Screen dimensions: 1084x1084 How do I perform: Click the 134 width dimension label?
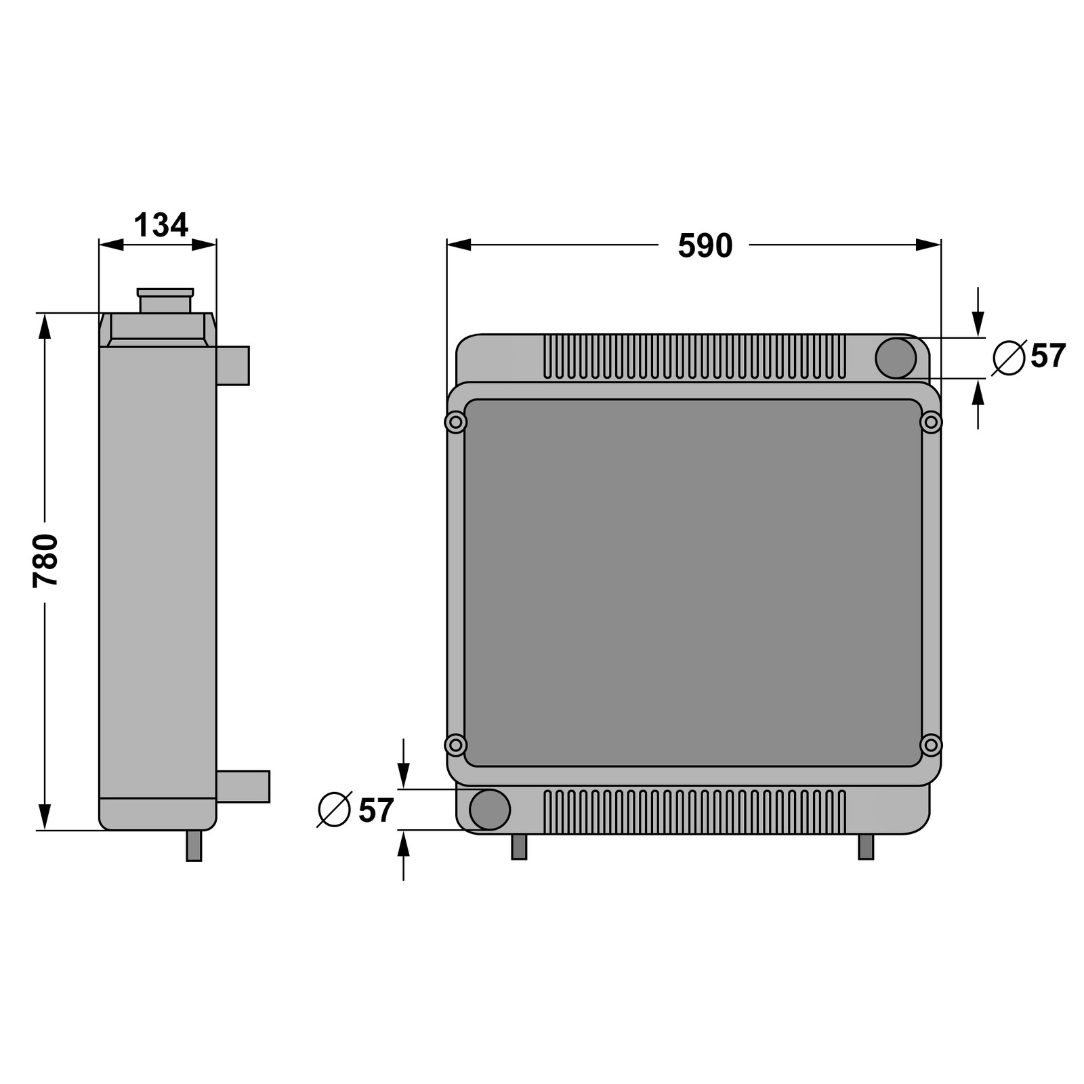pos(161,225)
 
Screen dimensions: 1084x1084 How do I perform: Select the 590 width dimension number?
pos(705,246)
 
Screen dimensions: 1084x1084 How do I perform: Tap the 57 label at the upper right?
pos(1048,356)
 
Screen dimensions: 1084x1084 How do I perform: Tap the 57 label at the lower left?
pos(376,810)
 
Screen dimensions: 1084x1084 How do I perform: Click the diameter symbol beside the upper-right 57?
pos(1009,358)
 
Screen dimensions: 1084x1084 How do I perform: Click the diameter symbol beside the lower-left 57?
pos(335,809)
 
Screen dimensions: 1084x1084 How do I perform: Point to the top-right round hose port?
pos(896,358)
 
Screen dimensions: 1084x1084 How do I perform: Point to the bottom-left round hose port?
pos(489,809)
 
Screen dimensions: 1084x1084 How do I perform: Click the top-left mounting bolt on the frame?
pos(456,423)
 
